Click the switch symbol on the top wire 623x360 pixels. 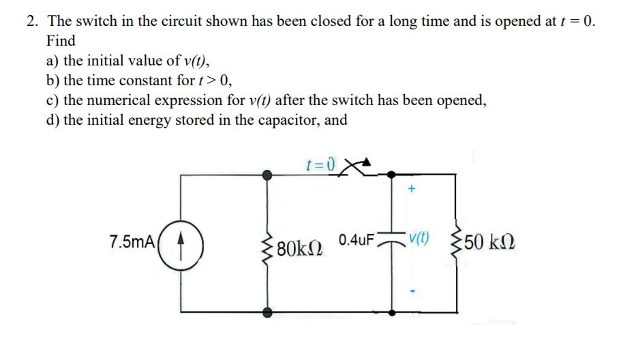[356, 166]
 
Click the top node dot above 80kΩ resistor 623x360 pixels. [268, 175]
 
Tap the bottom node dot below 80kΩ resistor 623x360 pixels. [268, 312]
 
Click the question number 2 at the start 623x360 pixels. [31, 20]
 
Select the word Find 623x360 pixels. [61, 40]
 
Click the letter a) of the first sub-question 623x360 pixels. [53, 61]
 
